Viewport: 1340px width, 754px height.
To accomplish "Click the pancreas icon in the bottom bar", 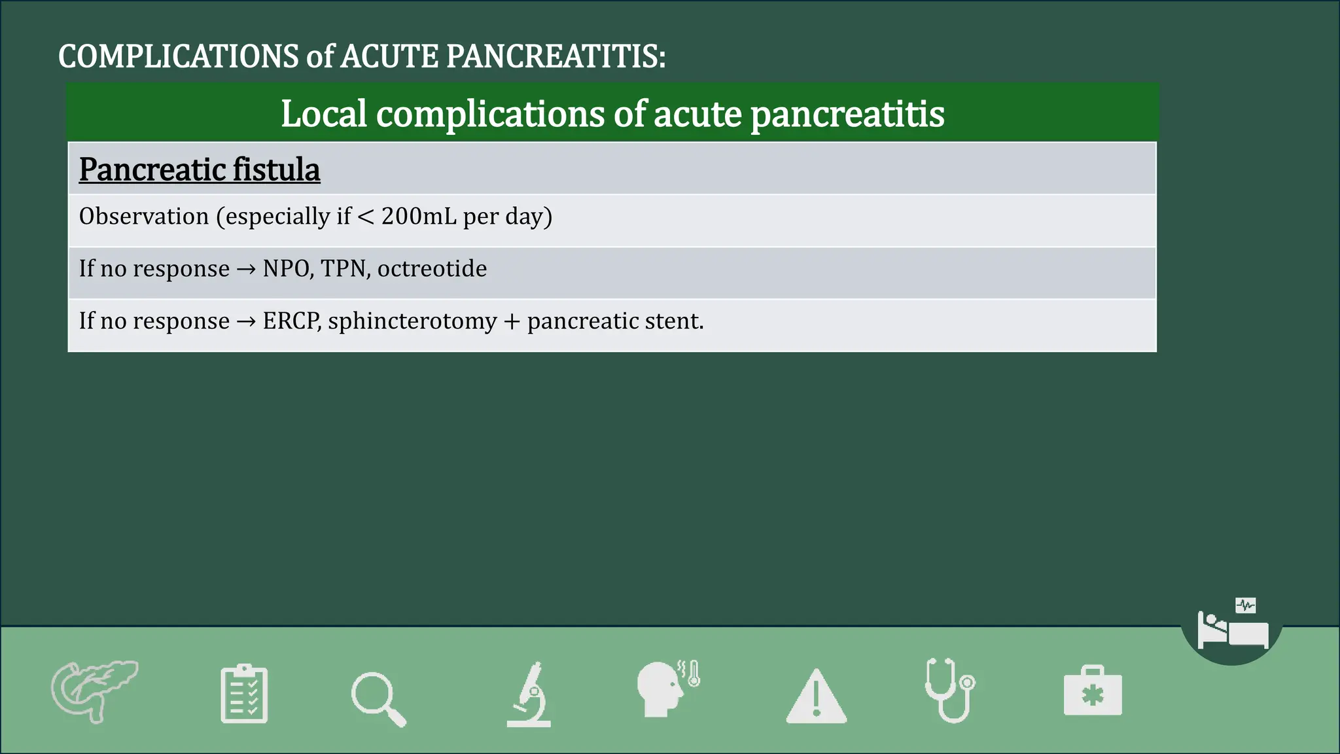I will (x=94, y=691).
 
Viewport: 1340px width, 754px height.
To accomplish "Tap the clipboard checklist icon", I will (x=244, y=694).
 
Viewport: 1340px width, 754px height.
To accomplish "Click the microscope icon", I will (x=529, y=695).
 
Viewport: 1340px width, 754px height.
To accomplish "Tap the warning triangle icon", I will (x=816, y=696).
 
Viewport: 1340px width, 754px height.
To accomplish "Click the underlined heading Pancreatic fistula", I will (x=200, y=170).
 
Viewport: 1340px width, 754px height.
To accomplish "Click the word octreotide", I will (x=432, y=268).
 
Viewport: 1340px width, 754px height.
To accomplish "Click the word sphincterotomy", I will (x=413, y=321).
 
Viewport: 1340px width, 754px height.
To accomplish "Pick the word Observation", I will (x=144, y=216).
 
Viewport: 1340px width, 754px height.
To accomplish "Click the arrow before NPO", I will (x=246, y=269).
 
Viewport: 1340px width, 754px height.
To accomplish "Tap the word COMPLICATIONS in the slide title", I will (x=179, y=56).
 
